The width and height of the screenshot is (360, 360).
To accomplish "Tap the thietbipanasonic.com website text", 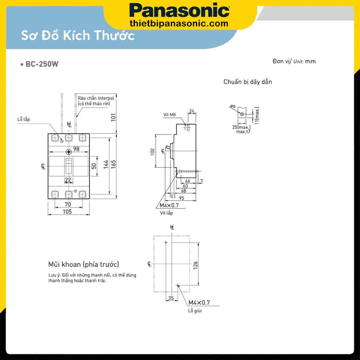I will pos(179,23).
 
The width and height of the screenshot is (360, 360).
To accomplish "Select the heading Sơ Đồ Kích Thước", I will pos(78,35).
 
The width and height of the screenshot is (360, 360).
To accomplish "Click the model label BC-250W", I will pos(42,64).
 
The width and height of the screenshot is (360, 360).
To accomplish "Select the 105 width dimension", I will pos(67,212).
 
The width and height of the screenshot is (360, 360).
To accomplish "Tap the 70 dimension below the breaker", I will pos(68,204).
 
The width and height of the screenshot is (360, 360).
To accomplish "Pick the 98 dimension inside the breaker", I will pos(76,149).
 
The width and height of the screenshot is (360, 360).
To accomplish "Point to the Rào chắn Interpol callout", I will pos(96,101).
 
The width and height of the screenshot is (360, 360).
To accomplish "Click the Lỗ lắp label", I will pos(23,119).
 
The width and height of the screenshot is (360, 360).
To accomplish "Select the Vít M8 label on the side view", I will pos(169,115).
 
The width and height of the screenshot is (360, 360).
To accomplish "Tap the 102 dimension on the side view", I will pos(153,151).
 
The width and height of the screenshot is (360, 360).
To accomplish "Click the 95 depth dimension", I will pos(181,198).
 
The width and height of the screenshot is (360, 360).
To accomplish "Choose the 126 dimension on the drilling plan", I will pos(196,264).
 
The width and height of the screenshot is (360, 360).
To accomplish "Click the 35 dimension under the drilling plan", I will pos(171,298).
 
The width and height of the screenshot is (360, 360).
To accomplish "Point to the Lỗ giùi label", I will pos(195,311).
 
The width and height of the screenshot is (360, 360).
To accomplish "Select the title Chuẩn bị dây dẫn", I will pos(247,82).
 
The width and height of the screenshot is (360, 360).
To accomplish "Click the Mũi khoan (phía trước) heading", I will pos(83,264).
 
